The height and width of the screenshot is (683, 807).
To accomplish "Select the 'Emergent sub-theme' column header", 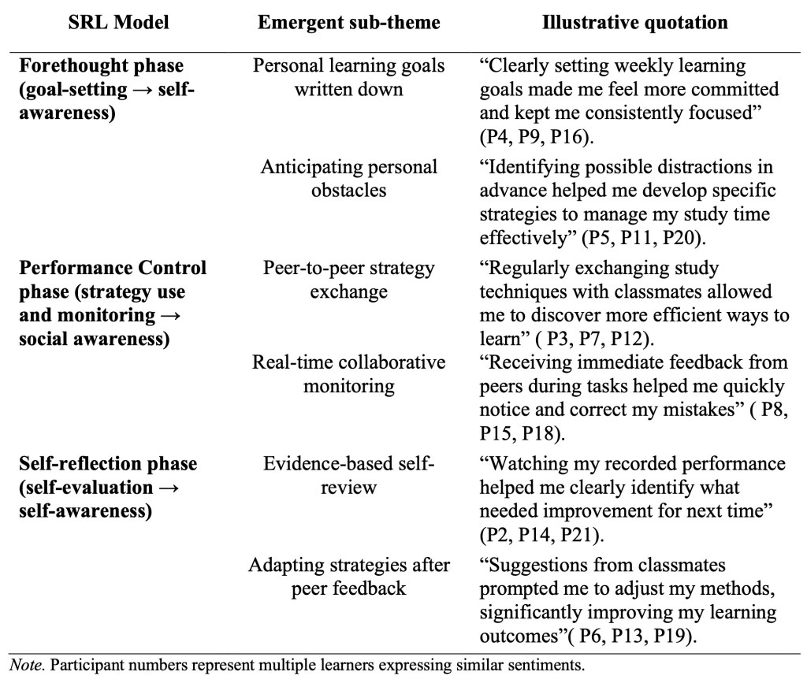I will click(348, 23).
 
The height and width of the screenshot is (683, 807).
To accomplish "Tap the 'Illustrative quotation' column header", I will click(635, 23).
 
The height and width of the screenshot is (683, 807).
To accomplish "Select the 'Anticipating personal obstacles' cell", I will click(348, 178).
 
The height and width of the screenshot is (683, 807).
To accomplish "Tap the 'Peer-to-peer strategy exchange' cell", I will click(348, 280).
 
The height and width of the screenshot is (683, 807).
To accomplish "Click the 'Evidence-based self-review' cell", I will click(348, 475).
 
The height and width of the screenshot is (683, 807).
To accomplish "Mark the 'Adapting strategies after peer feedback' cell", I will click(348, 577).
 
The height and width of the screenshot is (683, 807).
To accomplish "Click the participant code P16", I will click(583, 136).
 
